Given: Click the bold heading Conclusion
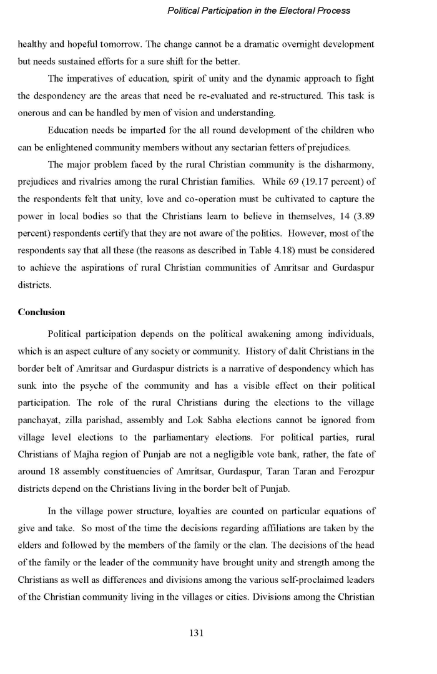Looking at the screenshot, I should coord(41,312).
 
